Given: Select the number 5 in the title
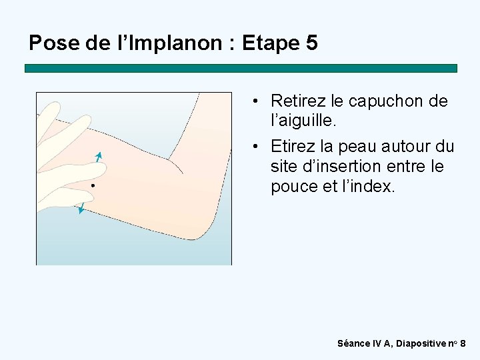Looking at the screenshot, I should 311,44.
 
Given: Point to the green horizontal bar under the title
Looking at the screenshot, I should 241,68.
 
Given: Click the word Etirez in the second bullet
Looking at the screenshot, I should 294,146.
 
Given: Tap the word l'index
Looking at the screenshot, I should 370,187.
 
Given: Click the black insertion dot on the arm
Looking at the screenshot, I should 94,185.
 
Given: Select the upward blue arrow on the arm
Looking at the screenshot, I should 98,158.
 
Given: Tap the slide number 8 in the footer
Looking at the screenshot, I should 463,343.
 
